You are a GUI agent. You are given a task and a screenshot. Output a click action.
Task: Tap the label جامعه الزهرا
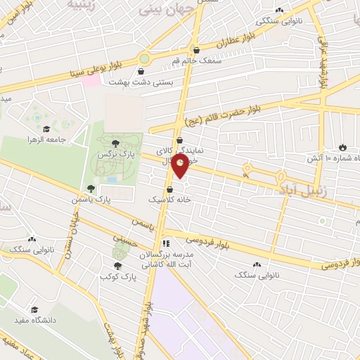click(66, 139)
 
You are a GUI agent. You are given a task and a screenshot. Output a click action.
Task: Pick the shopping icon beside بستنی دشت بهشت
click(141, 71)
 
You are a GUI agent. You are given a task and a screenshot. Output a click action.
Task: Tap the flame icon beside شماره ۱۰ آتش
click(342, 148)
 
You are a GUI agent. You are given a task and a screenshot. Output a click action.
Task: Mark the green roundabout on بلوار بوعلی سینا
click(145, 58)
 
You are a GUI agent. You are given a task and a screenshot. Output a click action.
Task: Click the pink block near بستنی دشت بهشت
click(91, 82)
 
